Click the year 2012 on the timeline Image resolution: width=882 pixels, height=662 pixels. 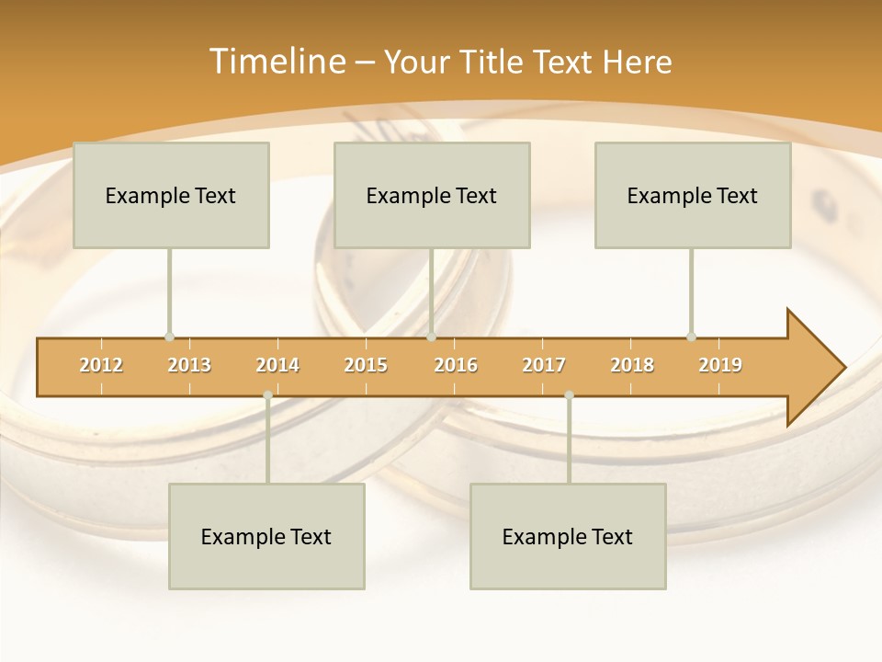101,365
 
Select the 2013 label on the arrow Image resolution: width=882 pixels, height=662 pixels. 189,365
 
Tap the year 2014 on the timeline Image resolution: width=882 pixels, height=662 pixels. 277,365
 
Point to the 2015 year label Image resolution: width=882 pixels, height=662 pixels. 366,365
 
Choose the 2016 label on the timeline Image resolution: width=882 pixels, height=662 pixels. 456,365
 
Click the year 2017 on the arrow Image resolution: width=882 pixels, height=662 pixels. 544,365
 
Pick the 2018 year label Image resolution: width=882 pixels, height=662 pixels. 632,365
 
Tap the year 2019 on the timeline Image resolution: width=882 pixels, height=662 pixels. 720,365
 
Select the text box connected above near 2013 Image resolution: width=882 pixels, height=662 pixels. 171,195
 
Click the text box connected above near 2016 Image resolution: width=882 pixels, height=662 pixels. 432,195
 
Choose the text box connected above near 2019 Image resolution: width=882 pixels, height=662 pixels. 693,195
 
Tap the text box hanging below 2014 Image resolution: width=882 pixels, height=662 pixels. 266,536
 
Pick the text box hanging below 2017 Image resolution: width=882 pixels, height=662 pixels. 568,536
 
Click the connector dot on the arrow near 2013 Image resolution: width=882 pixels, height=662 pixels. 169,337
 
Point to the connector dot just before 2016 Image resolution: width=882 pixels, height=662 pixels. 431,337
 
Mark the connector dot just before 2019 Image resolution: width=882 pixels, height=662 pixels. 691,337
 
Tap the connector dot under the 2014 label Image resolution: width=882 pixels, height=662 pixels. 267,395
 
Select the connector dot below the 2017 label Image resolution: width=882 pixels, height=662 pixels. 569,395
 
